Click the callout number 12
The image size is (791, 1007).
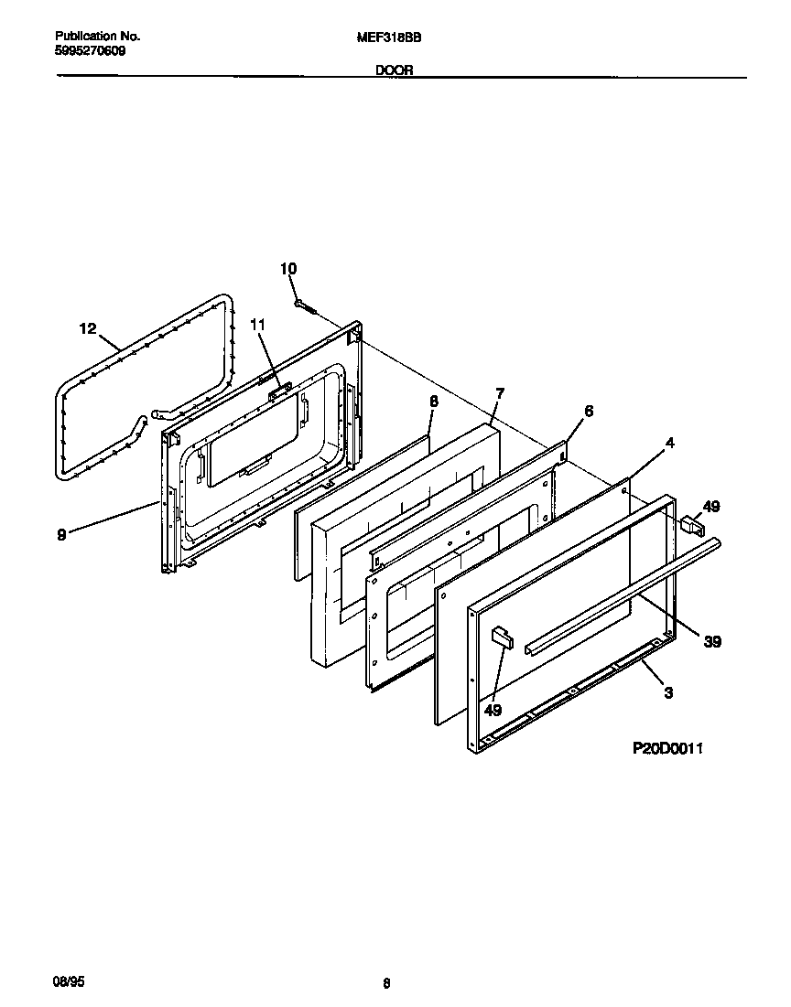88,329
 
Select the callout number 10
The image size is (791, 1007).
288,268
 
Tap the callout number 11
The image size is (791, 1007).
257,325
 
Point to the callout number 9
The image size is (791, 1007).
61,535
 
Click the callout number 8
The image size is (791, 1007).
433,401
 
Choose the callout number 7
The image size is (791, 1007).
499,393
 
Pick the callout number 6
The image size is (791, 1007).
588,412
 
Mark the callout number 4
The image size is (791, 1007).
670,444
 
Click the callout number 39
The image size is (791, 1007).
711,642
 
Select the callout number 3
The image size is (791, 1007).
668,693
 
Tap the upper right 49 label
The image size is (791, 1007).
711,505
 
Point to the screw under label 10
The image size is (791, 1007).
305,306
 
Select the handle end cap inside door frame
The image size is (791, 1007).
500,637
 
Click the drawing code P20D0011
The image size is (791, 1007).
667,748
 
